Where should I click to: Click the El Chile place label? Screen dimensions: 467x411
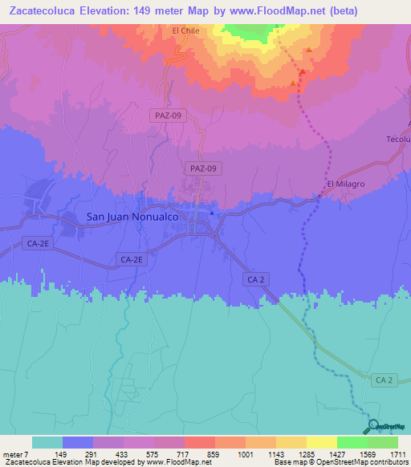[185, 31]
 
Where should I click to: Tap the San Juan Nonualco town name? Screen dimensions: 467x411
[136, 217]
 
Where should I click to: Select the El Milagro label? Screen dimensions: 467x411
[346, 185]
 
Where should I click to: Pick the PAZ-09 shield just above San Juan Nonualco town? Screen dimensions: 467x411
[202, 169]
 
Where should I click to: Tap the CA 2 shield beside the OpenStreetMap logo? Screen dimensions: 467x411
[385, 379]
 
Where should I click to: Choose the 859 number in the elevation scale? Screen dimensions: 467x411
[214, 455]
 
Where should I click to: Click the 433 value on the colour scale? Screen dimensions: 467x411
[123, 455]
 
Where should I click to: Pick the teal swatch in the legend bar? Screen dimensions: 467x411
[47, 442]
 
